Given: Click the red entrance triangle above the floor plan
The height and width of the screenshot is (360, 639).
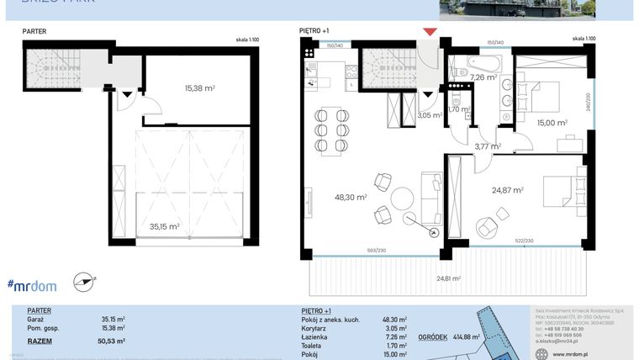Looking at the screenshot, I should (x=430, y=32).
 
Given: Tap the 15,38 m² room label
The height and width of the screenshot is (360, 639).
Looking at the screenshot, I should (x=199, y=87).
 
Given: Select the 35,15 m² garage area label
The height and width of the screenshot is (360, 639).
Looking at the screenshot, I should (x=164, y=225).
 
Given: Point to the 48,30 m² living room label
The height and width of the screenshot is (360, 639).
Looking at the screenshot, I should (x=350, y=197).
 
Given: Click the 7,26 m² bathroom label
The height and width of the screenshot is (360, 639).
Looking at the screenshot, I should (x=483, y=77).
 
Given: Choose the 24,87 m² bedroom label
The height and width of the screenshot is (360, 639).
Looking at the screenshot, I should (x=507, y=190).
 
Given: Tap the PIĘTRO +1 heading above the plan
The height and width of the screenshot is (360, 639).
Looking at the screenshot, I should (x=314, y=31).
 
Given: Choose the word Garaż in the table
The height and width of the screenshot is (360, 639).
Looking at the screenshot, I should (x=36, y=320).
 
